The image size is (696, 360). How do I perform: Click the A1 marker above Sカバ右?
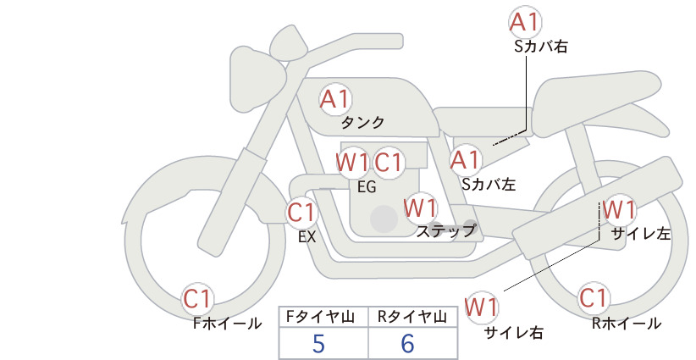coord(525,22)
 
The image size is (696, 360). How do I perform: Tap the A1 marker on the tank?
coord(335,99)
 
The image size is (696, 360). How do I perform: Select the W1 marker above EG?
coord(352,163)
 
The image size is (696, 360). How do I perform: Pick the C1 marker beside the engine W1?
coord(388,163)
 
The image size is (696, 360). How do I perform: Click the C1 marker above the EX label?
coord(301,213)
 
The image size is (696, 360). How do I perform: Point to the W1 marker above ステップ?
coord(421,208)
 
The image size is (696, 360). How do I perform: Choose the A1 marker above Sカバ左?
coord(466,161)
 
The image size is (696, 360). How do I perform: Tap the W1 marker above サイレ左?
coord(619,210)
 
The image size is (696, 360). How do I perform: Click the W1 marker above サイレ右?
coord(482,307)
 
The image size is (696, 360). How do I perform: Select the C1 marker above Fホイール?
coord(197,299)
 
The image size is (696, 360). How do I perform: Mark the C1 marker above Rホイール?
coord(594,298)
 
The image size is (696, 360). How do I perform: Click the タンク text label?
coord(362,123)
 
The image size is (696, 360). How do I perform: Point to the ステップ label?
coord(446,231)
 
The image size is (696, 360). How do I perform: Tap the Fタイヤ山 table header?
coord(320,317)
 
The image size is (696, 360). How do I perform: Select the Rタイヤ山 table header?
coord(412,317)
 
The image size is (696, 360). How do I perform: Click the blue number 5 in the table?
coord(318,343)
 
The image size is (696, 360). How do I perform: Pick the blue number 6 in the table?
coord(407,343)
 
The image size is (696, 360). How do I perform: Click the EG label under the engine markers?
coord(367,187)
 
